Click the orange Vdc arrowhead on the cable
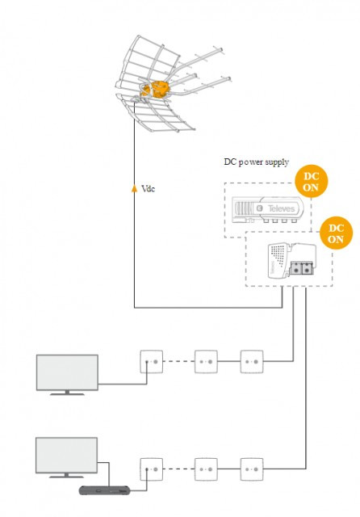134,188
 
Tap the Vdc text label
148,188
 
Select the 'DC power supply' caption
256,162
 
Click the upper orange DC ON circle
312,181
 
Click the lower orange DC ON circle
336,233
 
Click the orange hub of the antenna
156,90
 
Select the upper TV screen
67,372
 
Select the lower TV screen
66,455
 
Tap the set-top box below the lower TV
104,490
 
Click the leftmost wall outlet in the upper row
152,361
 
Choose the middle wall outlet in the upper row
206,361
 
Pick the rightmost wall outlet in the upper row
252,361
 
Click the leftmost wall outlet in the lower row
152,469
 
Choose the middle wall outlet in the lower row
206,469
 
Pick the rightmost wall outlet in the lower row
252,469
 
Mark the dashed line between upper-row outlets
178,361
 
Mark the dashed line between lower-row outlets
178,469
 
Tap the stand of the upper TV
67,393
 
